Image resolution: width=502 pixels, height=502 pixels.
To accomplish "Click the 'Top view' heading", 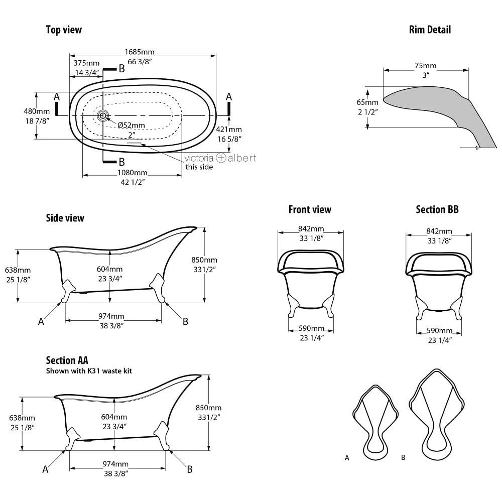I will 64,30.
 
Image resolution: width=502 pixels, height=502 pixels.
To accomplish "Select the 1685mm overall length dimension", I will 140,52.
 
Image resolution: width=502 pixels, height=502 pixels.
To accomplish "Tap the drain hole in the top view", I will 102,116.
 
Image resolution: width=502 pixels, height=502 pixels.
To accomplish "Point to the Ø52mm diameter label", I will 131,125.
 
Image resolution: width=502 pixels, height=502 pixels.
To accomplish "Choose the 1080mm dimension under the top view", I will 133,172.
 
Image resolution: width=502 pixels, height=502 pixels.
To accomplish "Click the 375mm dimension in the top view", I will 86,63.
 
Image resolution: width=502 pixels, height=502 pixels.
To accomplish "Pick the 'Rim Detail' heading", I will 430,30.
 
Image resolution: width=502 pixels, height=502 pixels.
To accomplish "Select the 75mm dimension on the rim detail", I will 425,66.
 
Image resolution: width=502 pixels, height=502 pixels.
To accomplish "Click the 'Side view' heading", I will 65,218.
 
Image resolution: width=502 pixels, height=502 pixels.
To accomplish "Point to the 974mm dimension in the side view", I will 111,317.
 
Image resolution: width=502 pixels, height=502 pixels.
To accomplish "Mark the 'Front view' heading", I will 310,209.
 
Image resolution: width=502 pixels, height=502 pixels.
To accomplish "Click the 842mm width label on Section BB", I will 439,231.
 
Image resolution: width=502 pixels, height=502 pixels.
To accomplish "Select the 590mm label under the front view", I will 311,328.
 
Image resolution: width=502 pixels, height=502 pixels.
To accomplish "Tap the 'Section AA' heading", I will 67,360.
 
